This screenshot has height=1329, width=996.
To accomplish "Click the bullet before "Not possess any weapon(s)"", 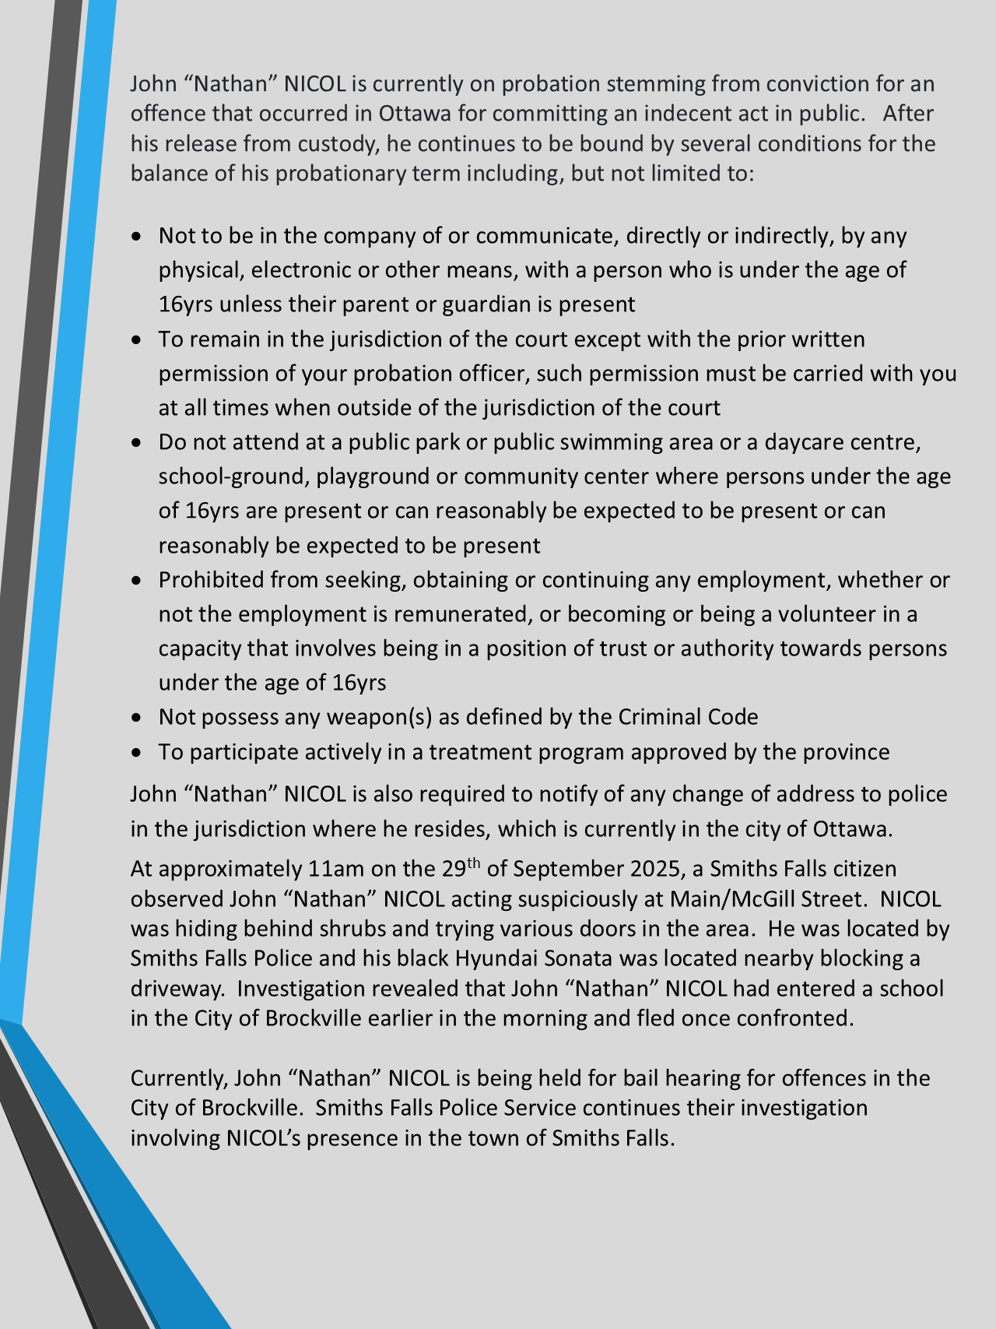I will (138, 717).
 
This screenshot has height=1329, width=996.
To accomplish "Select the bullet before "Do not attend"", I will (138, 442).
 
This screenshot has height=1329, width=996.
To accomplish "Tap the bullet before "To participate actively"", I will (138, 752).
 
